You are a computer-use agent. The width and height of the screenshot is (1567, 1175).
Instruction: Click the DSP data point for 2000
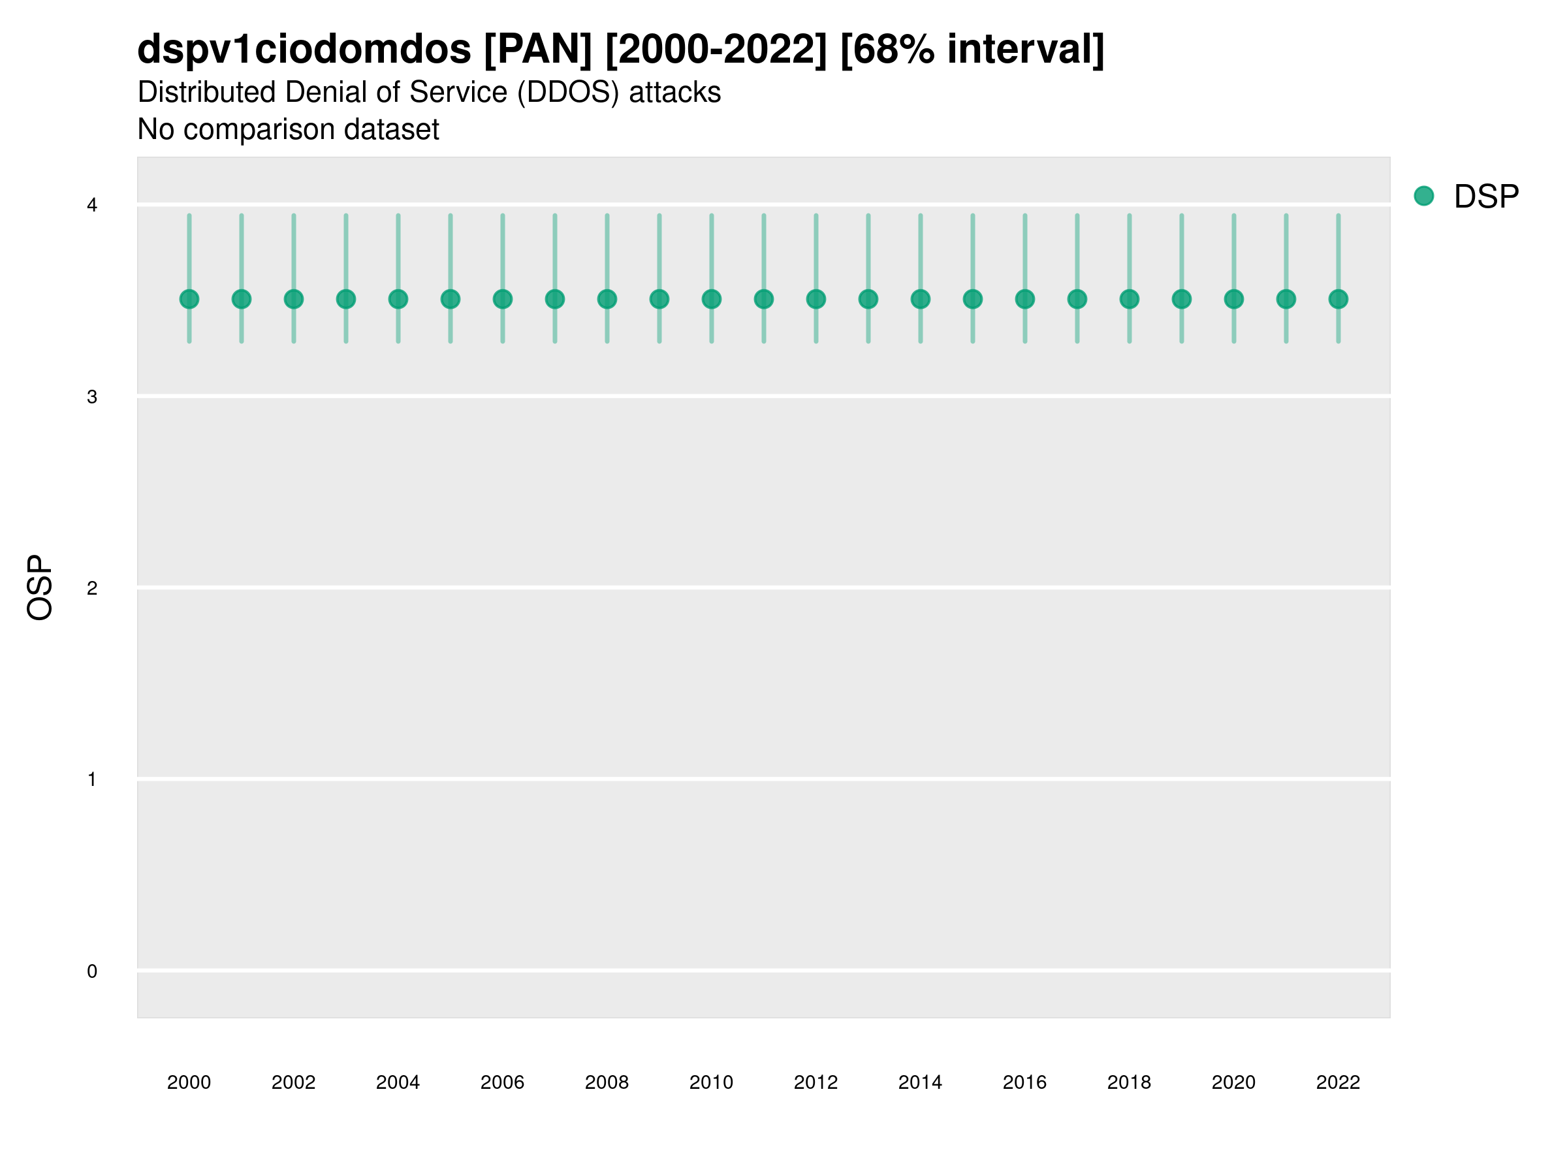tap(189, 300)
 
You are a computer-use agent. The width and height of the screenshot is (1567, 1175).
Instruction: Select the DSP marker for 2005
tap(451, 300)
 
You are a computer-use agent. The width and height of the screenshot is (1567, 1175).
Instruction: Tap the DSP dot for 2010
tap(711, 300)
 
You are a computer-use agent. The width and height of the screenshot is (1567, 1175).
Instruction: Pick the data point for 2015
tap(973, 300)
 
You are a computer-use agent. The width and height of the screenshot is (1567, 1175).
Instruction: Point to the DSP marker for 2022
tap(1338, 300)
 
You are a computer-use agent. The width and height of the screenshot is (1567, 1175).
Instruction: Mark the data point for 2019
tap(1182, 300)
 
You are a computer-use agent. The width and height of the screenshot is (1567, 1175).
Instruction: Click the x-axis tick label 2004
tap(398, 1082)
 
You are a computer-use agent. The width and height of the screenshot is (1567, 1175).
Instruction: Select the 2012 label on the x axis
tap(815, 1082)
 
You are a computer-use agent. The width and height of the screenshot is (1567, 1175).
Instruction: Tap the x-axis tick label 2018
tap(1129, 1082)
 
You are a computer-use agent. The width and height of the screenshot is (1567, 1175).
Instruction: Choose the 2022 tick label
tap(1338, 1082)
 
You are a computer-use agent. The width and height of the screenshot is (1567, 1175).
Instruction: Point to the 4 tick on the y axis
tap(92, 206)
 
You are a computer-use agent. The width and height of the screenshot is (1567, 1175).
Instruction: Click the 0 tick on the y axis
tap(92, 972)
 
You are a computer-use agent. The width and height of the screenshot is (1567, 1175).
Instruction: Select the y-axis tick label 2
tap(92, 589)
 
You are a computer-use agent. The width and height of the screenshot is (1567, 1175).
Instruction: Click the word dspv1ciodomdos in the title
tap(304, 50)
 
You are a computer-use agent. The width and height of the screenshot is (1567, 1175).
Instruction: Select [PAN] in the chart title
tap(538, 50)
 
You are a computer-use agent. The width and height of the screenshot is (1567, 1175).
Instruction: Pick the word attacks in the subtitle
tap(674, 93)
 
